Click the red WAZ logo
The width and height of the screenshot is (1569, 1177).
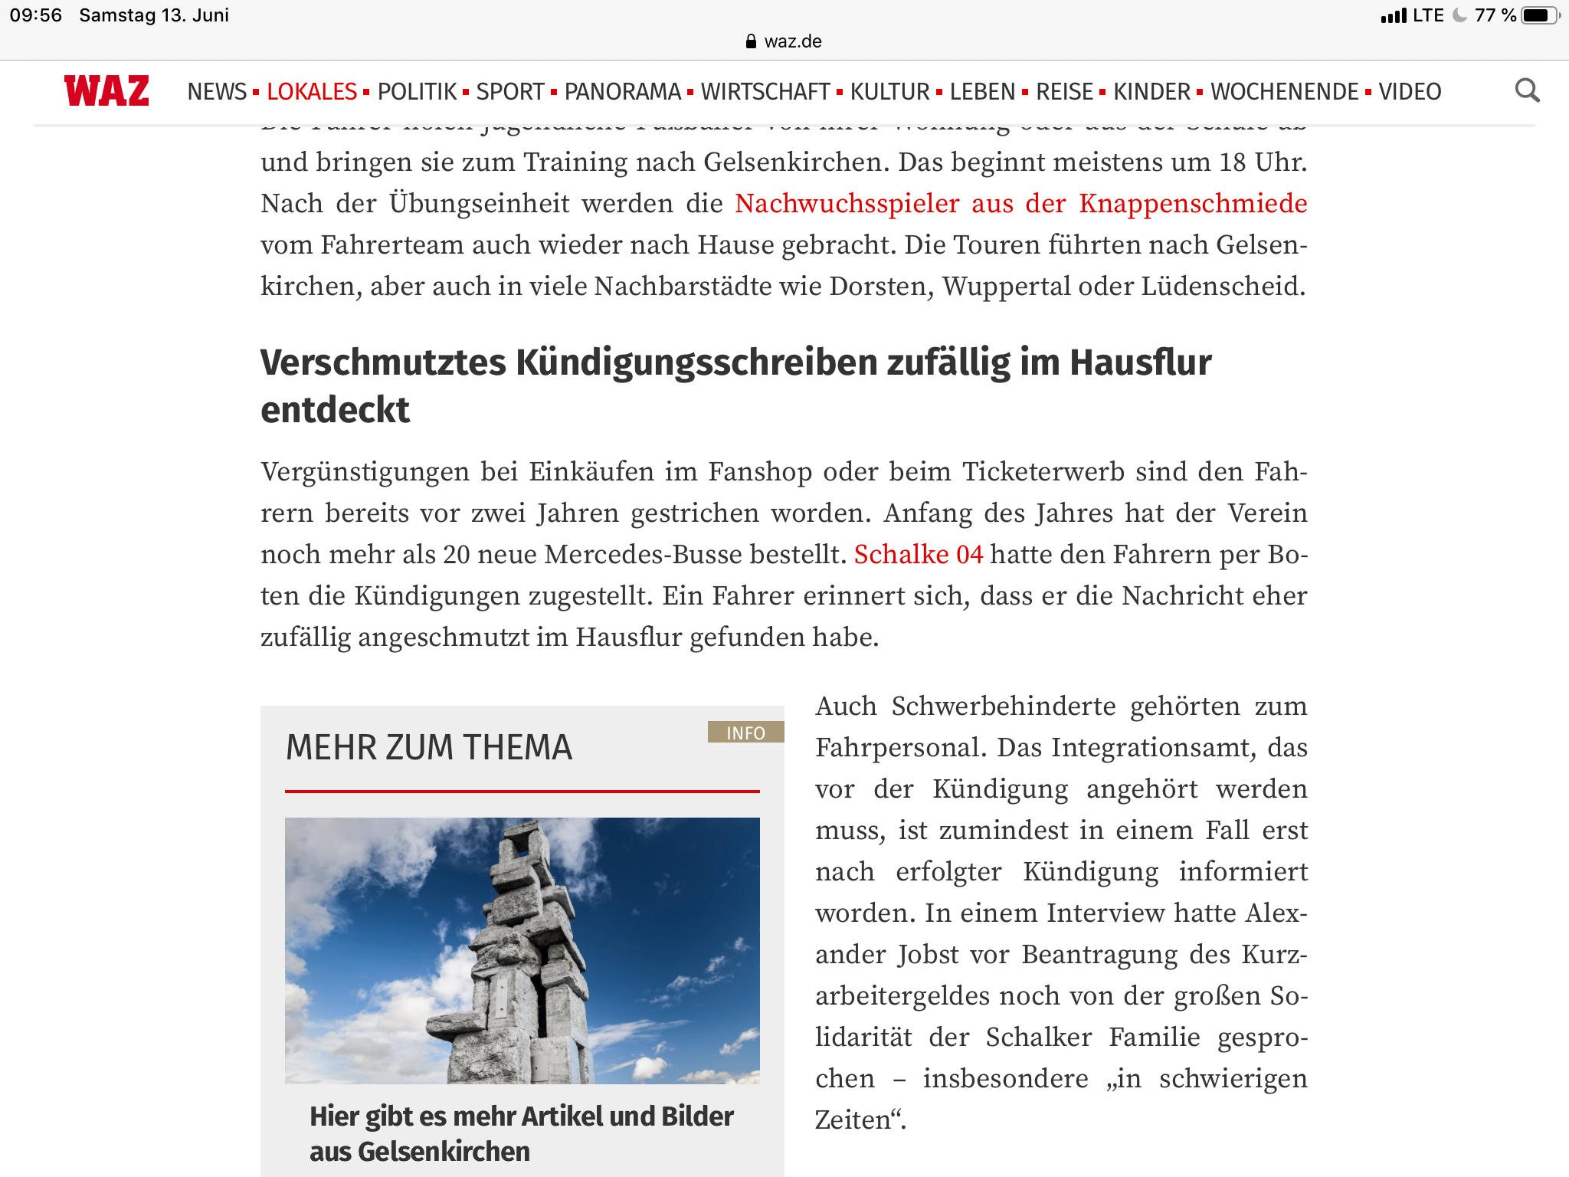coord(106,91)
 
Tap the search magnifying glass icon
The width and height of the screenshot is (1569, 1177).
coord(1527,91)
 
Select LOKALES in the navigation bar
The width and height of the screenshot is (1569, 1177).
coord(312,92)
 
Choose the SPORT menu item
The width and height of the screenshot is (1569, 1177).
coord(510,92)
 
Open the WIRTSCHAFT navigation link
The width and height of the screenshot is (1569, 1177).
coord(765,92)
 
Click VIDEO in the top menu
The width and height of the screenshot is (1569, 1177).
coord(1410,92)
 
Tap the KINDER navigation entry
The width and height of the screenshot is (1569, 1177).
coord(1151,92)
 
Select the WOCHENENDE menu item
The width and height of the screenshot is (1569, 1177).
coord(1285,92)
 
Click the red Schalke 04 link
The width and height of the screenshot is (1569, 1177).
coord(919,554)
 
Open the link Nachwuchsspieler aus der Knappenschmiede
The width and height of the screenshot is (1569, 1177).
coord(1020,204)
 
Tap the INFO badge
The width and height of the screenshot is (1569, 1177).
coord(745,733)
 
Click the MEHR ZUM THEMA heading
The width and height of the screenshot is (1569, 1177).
coord(429,747)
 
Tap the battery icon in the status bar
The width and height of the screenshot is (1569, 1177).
coord(1538,15)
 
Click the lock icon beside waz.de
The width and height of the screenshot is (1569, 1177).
coord(751,41)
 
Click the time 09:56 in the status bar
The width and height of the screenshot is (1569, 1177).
coord(36,15)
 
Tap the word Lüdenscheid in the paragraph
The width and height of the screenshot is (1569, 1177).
coord(1223,287)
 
